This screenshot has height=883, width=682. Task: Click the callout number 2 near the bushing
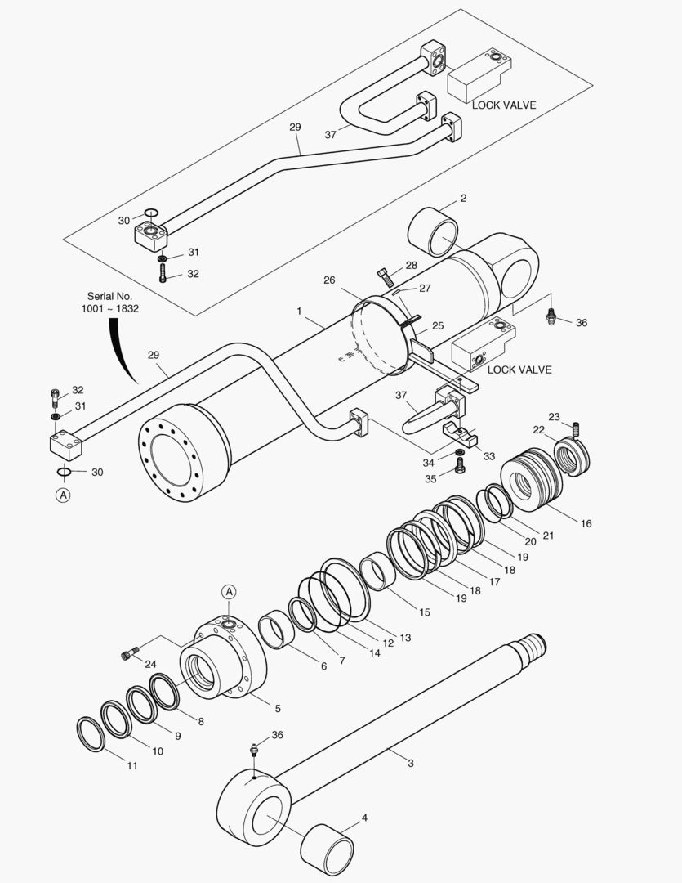coord(463,199)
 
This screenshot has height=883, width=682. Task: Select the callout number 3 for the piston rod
coord(411,764)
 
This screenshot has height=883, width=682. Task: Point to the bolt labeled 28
coord(384,276)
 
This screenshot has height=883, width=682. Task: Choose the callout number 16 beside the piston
coord(586,523)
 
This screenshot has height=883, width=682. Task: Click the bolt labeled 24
coord(127,653)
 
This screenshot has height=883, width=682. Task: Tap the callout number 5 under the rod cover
coord(277,708)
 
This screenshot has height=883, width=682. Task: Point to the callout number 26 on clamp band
coord(329,280)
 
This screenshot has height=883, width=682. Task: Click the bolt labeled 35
coord(459,465)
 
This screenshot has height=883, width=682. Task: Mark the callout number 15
coord(425,612)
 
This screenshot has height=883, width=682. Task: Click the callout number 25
coord(438,325)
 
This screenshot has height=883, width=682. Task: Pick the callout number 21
coord(548,536)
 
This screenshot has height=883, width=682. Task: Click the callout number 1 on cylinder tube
coord(300,312)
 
